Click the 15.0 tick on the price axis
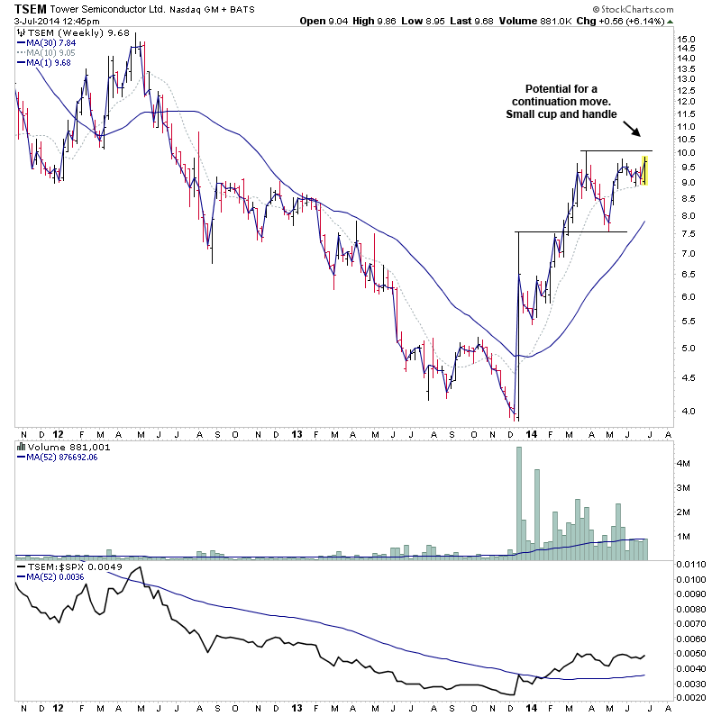[x=686, y=40]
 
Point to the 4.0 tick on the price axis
[x=686, y=412]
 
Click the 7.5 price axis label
[x=686, y=233]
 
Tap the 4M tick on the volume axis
[x=683, y=463]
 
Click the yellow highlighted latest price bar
[x=644, y=170]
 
